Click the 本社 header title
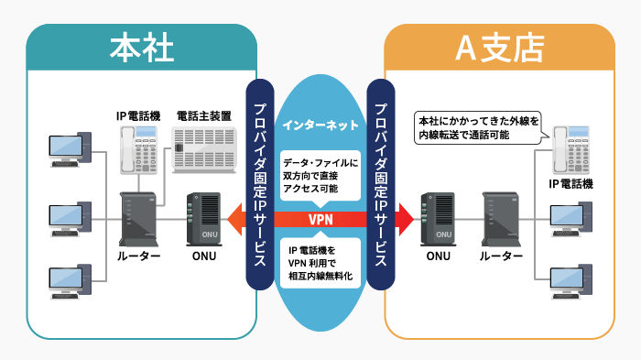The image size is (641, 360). pos(141,49)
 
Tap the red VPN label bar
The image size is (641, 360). pos(320,220)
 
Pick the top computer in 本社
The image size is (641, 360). pos(70,151)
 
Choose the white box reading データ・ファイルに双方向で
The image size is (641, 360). pos(320,172)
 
